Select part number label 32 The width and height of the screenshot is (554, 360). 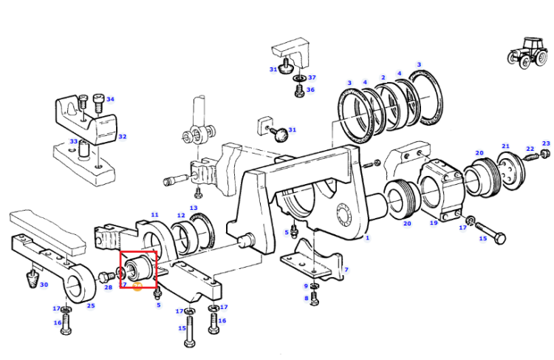click(x=122, y=137)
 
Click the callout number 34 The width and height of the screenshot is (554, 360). click(x=110, y=99)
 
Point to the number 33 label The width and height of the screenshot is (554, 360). click(x=73, y=141)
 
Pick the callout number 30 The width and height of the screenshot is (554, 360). click(x=44, y=285)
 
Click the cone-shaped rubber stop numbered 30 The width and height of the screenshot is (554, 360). click(x=33, y=279)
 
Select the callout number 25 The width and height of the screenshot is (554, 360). click(x=91, y=305)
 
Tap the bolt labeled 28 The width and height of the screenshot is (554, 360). click(x=106, y=276)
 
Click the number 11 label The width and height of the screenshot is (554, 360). click(x=155, y=214)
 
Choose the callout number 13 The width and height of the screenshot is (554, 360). click(x=194, y=208)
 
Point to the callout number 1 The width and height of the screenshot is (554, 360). click(x=367, y=237)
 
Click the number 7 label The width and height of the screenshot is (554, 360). click(x=346, y=270)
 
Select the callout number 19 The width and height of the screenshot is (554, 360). click(x=434, y=223)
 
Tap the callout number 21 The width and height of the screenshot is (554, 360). click(x=505, y=146)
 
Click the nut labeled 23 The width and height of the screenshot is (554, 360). click(x=545, y=153)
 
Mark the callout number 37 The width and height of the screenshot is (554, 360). click(x=312, y=78)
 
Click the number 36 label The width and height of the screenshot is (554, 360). click(x=310, y=90)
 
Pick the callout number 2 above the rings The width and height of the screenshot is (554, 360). click(x=383, y=78)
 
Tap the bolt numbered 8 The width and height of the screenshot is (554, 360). click(x=315, y=299)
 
